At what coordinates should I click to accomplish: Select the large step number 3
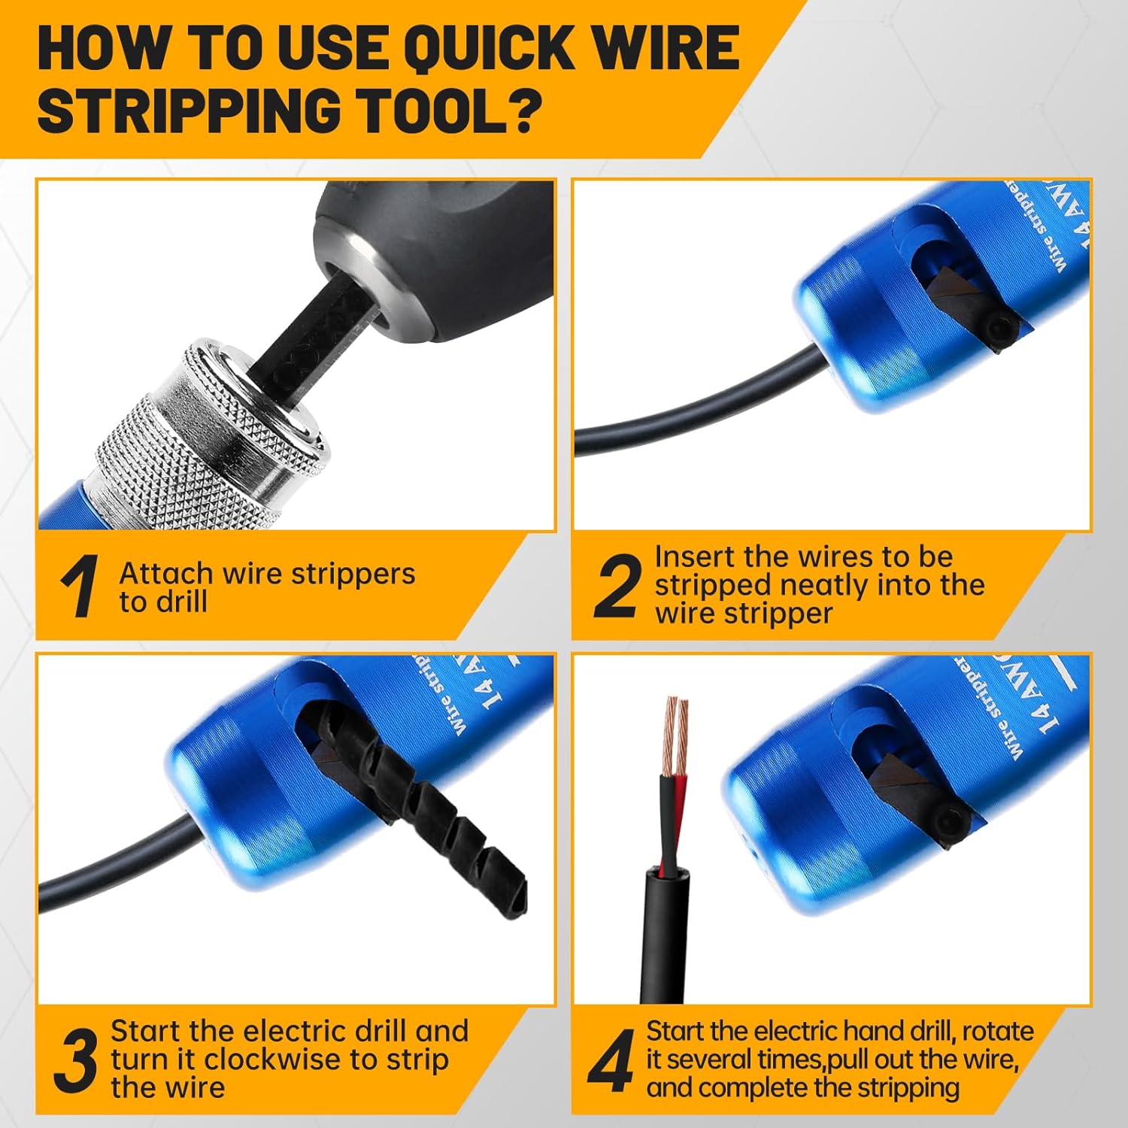tap(77, 1060)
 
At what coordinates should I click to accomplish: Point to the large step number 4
tap(611, 1062)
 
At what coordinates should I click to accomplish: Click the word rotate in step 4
tap(997, 1031)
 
